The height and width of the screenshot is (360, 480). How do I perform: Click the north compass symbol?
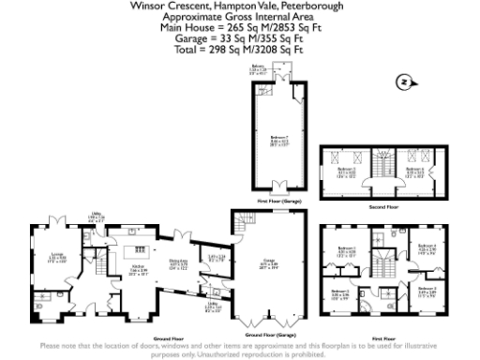[404, 81]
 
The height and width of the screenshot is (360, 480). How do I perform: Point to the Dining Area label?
[178, 263]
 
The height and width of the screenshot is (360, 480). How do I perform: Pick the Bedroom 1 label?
[346, 251]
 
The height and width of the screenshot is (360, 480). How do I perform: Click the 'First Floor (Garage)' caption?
[277, 202]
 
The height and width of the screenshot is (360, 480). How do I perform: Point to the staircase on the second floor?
[383, 169]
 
